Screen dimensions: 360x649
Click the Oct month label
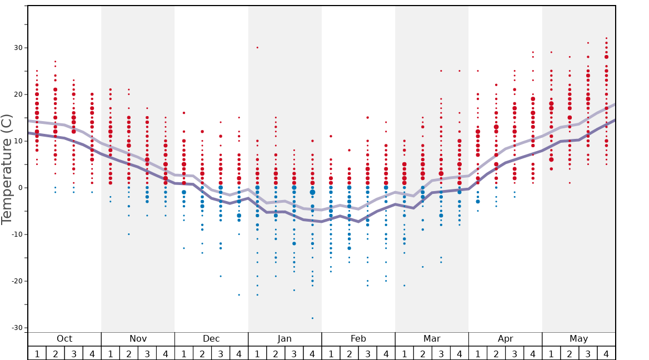[64, 339]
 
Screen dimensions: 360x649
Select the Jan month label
[284, 339]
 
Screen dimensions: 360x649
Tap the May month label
[578, 339]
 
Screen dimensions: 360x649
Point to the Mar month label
[432, 339]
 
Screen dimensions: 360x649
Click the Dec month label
[211, 339]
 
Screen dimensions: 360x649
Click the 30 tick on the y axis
[18, 48]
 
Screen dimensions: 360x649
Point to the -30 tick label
[17, 328]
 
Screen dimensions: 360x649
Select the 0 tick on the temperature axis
[20, 188]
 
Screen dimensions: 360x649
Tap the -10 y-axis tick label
[17, 234]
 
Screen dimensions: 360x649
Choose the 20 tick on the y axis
[18, 94]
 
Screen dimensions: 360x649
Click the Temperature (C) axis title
[7, 169]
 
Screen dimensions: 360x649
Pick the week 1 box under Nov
[110, 353]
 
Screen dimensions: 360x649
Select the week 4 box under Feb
[386, 353]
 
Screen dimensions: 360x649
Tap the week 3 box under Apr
[515, 353]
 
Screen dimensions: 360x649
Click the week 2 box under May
[570, 353]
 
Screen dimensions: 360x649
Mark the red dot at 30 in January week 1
[257, 48]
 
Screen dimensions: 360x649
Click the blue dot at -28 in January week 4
[312, 318]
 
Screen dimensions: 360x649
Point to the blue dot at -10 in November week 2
[128, 234]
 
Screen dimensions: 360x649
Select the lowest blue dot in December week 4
[239, 295]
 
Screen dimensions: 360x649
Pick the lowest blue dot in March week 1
[404, 286]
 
